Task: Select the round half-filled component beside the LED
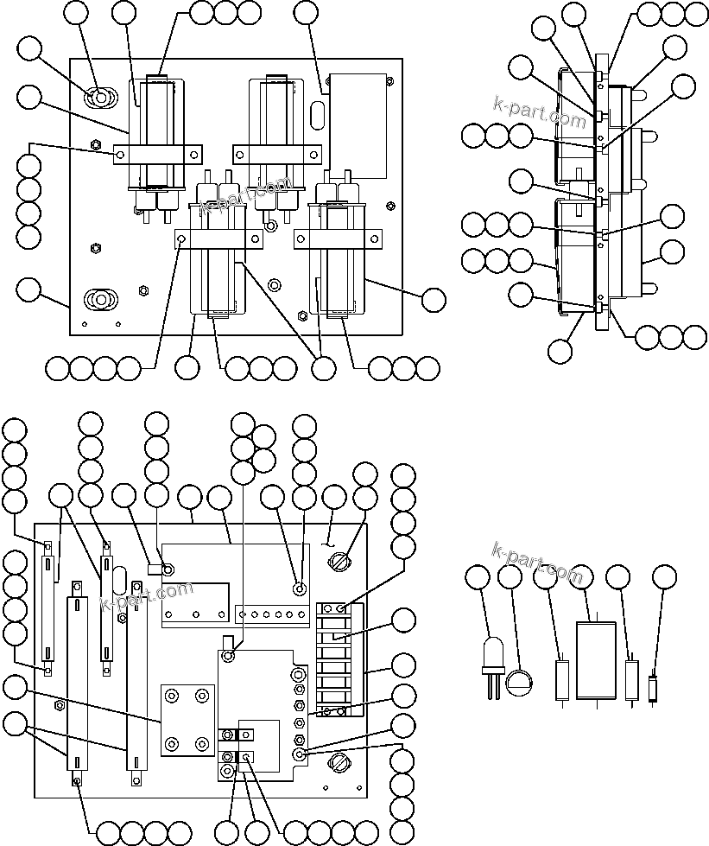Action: click(519, 683)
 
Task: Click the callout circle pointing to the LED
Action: click(478, 577)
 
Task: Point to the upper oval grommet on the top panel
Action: click(101, 98)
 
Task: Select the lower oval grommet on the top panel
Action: click(100, 300)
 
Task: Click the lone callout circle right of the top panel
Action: click(434, 299)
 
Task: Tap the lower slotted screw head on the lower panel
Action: click(338, 763)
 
